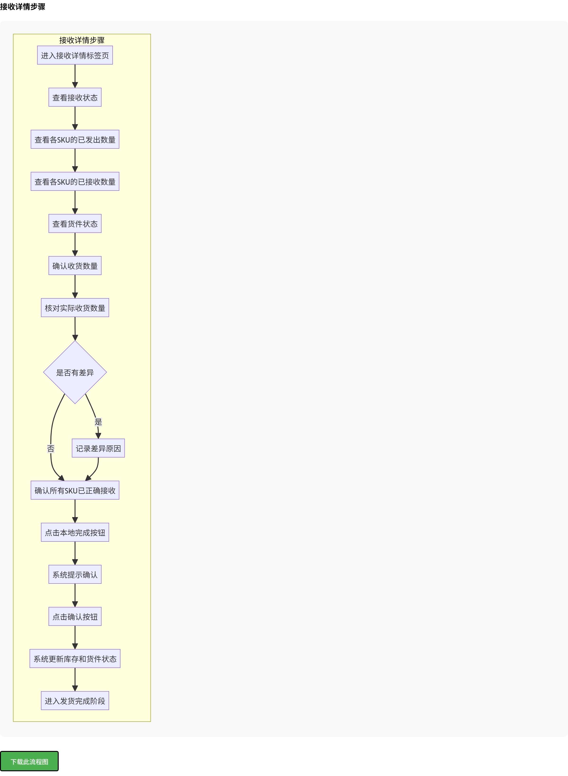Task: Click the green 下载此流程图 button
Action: pyautogui.click(x=29, y=761)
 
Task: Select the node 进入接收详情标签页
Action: pyautogui.click(x=75, y=55)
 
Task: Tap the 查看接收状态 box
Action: pyautogui.click(x=75, y=98)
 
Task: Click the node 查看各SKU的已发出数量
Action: pyautogui.click(x=75, y=140)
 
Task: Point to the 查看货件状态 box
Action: pyautogui.click(x=75, y=224)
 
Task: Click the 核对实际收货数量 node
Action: pyautogui.click(x=75, y=308)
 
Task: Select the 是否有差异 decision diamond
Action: pyautogui.click(x=75, y=372)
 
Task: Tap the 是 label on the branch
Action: pyautogui.click(x=98, y=422)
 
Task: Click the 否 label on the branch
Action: pyautogui.click(x=51, y=448)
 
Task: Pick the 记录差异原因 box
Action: pyautogui.click(x=98, y=448)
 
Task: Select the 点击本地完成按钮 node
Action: pyautogui.click(x=75, y=532)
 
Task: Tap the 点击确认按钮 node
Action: pyautogui.click(x=75, y=617)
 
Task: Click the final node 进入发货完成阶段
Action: pyautogui.click(x=75, y=701)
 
